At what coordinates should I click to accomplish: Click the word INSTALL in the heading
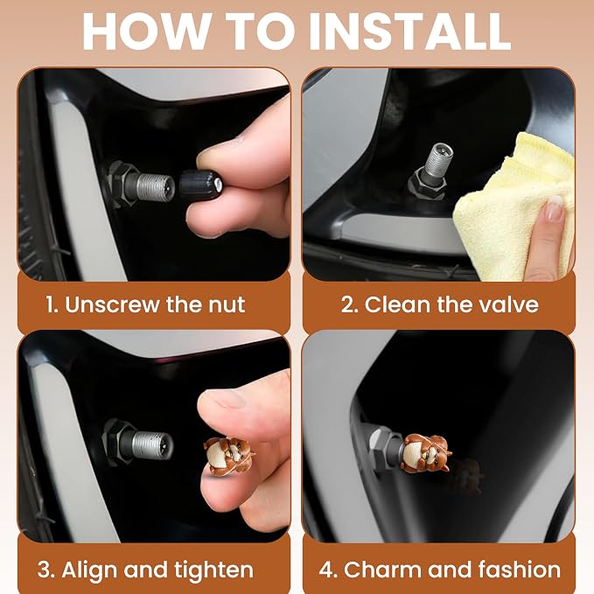410,31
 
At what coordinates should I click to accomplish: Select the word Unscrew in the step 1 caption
113,304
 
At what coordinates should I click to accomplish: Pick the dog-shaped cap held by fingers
227,456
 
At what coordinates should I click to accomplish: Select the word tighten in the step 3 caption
214,570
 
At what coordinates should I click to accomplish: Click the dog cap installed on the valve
426,453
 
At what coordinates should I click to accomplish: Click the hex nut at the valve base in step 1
119,184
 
